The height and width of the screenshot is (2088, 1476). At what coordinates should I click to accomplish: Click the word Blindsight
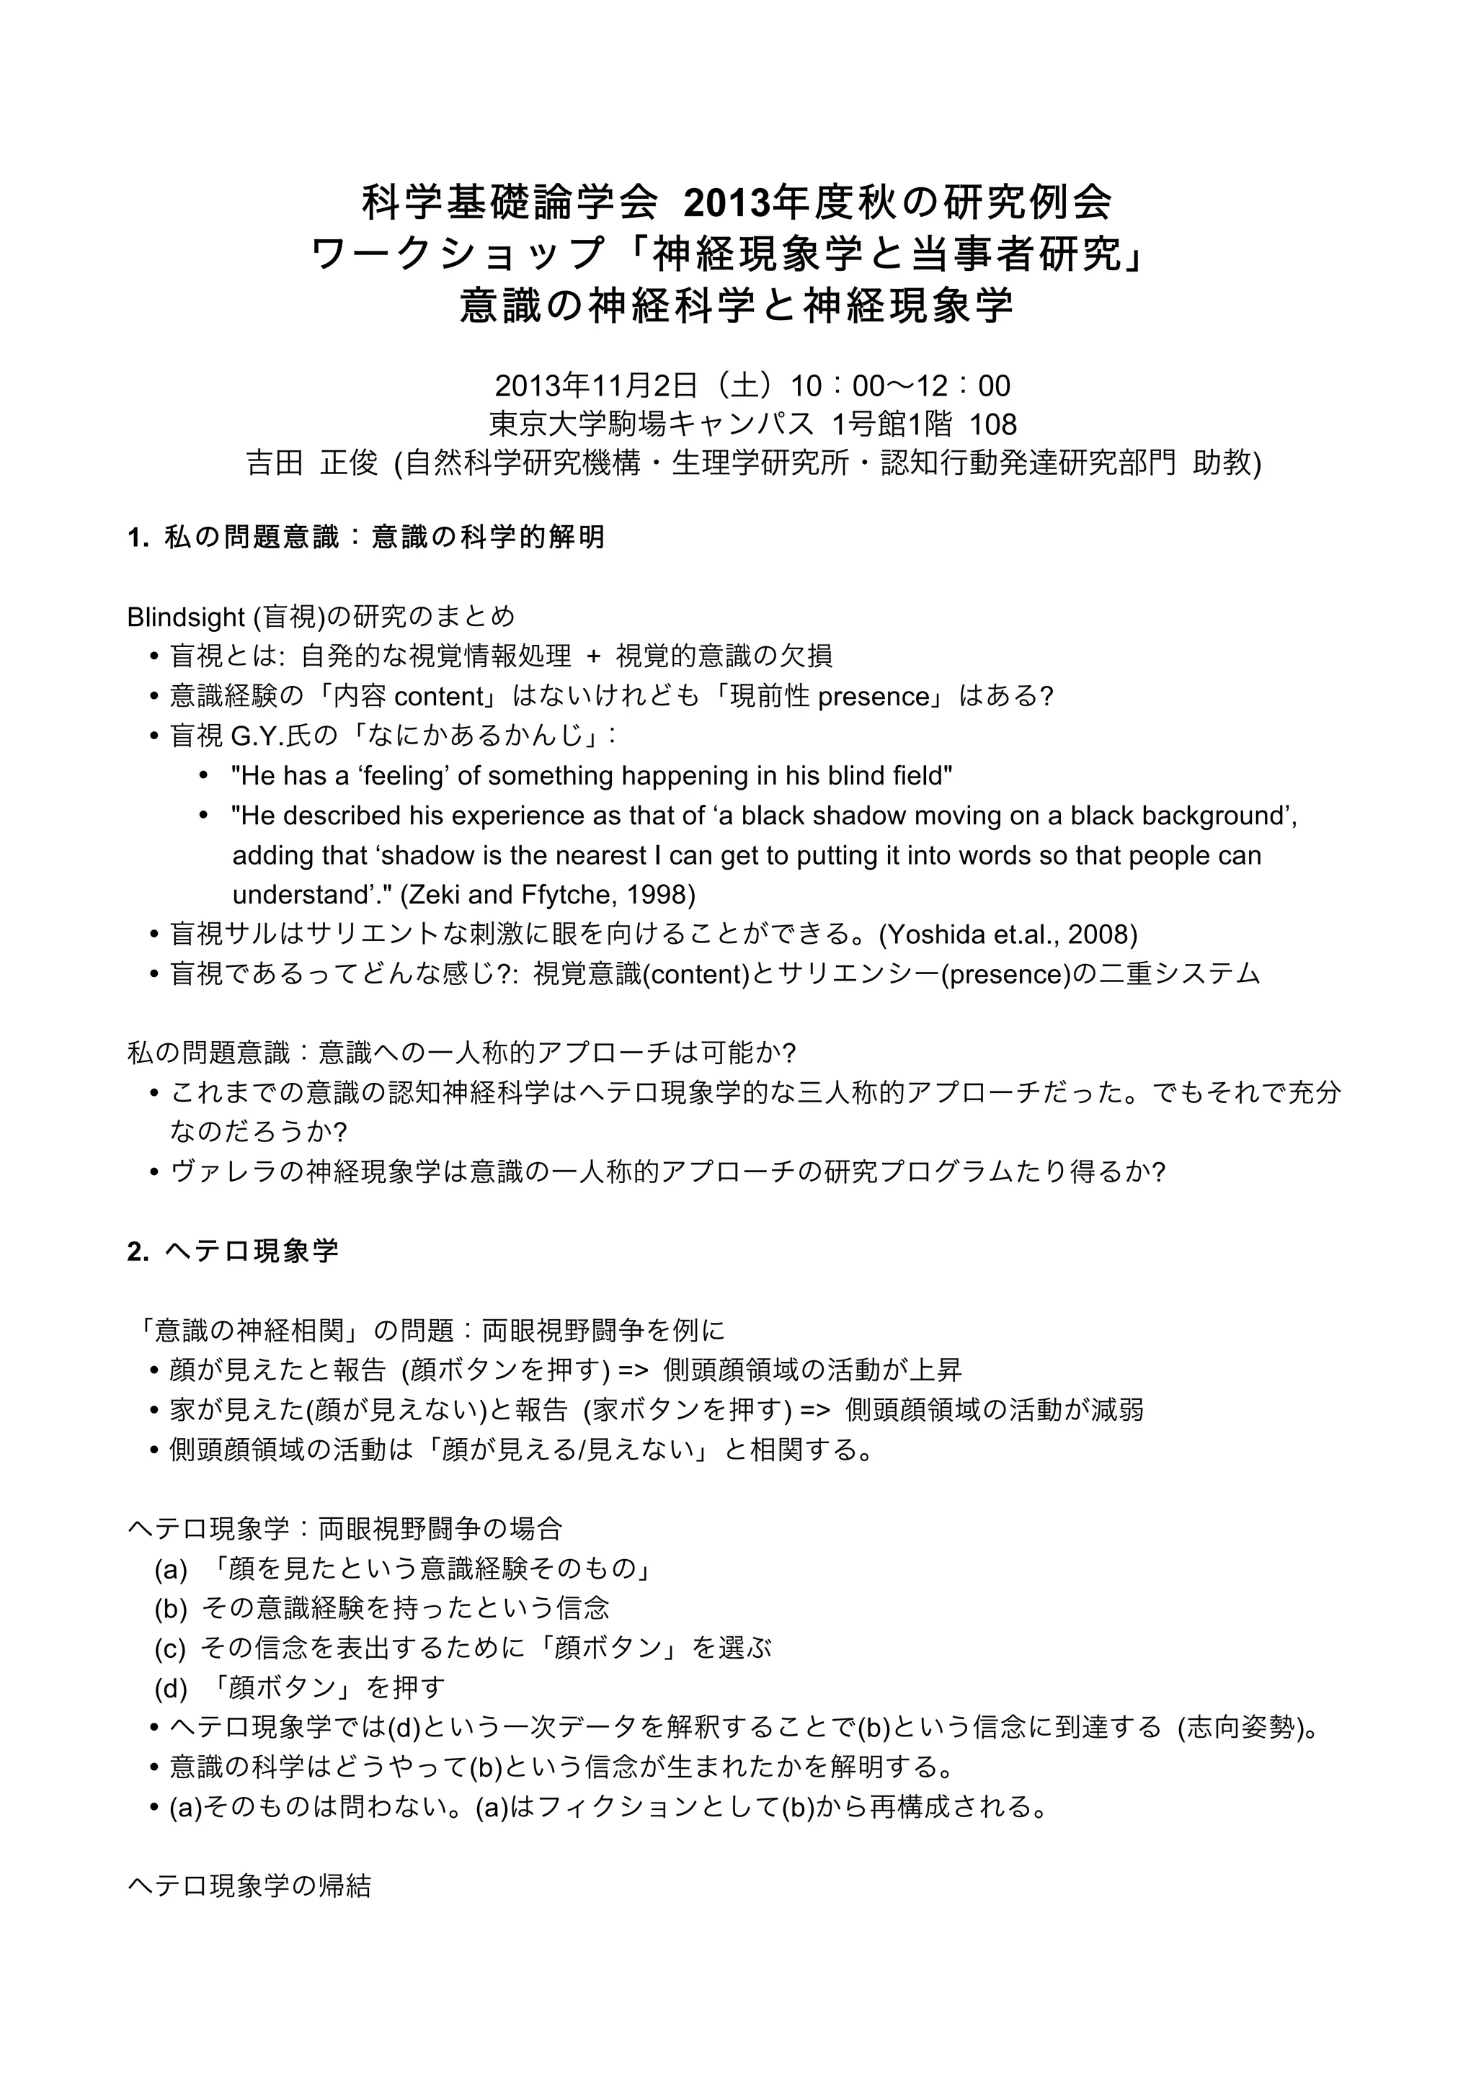(x=187, y=617)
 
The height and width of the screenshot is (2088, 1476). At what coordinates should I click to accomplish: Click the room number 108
(x=992, y=424)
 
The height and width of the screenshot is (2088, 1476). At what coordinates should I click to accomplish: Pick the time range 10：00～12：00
(x=899, y=385)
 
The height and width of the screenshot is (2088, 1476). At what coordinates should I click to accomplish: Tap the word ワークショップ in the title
(x=458, y=254)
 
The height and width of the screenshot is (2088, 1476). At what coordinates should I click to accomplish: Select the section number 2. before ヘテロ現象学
(x=138, y=1252)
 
